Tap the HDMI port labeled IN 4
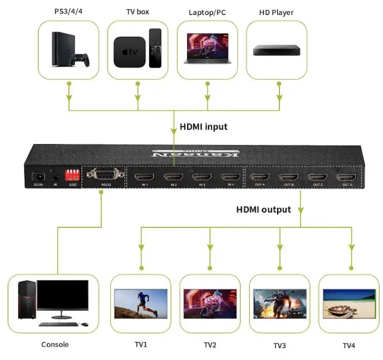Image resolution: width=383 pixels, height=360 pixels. [x=230, y=177]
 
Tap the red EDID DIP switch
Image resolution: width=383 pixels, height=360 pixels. [x=71, y=174]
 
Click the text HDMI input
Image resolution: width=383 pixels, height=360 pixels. [x=203, y=127]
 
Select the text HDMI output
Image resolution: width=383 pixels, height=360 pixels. [x=264, y=210]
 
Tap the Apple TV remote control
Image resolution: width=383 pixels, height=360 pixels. [x=155, y=48]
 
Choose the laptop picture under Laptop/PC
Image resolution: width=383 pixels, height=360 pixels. [x=207, y=49]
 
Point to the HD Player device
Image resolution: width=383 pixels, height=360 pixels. [x=277, y=50]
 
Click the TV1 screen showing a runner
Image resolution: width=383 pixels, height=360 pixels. [x=141, y=304]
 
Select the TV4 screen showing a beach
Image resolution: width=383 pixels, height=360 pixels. [x=349, y=304]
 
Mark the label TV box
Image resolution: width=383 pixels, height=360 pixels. [x=137, y=11]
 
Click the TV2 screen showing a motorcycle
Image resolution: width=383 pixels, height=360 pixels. [x=209, y=304]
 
